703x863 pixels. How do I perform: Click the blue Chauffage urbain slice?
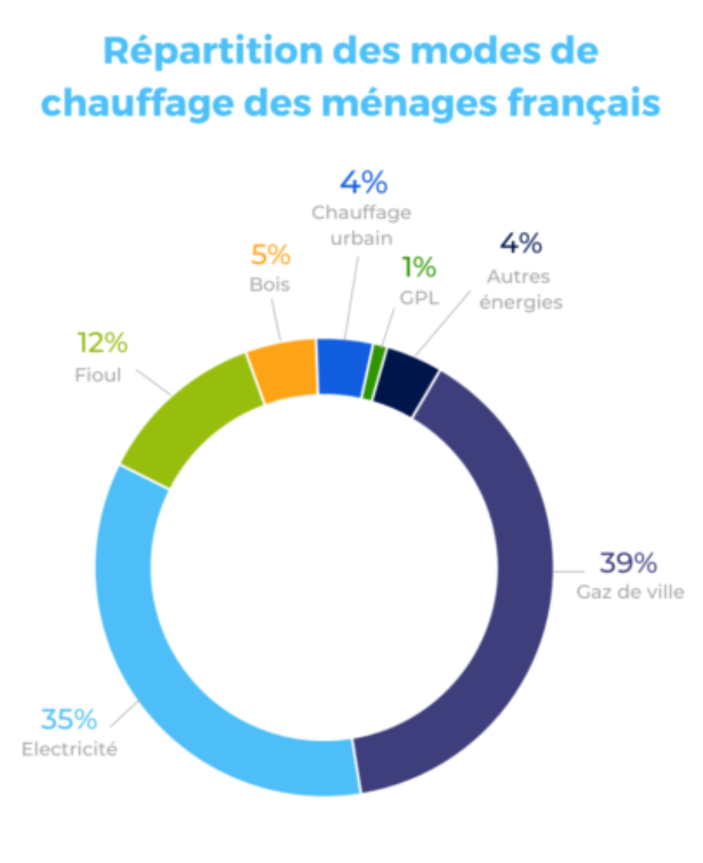point(342,367)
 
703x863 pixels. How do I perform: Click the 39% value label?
point(628,563)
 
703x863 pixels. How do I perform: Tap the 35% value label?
point(69,718)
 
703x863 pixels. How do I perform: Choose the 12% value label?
point(102,343)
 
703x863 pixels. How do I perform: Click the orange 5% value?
point(270,255)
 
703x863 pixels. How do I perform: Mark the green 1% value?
point(419,268)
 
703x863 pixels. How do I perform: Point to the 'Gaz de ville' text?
point(630,592)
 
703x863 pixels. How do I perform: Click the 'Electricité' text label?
point(69,749)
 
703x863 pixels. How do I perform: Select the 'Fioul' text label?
point(100,375)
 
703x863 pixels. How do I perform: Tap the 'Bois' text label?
point(270,284)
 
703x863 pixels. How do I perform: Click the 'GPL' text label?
point(419,298)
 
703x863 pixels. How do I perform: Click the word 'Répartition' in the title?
point(212,51)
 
